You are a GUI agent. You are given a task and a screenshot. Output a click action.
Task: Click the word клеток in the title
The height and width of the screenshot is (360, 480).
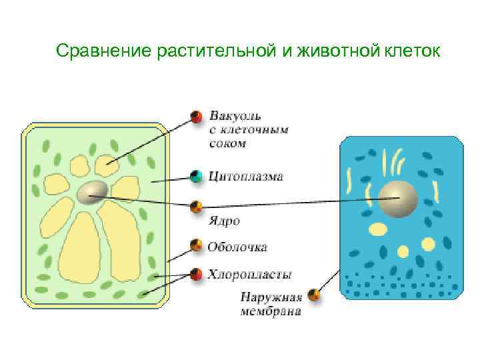[x=411, y=51]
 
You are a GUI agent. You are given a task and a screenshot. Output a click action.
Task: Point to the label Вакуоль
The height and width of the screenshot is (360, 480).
[x=235, y=115]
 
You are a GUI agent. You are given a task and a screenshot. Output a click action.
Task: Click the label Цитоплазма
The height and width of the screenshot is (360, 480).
[x=246, y=177]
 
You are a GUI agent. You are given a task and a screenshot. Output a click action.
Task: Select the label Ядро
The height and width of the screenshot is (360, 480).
[x=223, y=220]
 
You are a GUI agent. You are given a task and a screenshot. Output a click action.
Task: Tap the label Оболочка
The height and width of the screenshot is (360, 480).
[x=237, y=247]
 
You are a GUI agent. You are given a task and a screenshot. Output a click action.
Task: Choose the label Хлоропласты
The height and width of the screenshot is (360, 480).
[x=249, y=273]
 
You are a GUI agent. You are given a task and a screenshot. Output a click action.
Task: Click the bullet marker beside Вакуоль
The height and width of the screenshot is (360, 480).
[x=196, y=117]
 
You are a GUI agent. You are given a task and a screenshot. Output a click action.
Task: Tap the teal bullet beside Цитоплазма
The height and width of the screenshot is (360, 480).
[x=196, y=177]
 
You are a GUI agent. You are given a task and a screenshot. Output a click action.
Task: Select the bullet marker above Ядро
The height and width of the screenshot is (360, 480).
[x=196, y=206]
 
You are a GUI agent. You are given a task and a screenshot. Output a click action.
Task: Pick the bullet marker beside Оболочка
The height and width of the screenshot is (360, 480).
[x=196, y=245]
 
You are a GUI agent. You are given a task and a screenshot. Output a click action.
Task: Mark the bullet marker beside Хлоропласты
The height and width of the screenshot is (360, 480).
[x=196, y=273]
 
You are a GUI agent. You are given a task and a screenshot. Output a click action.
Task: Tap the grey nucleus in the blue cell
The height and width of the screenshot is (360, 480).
[x=397, y=198]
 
